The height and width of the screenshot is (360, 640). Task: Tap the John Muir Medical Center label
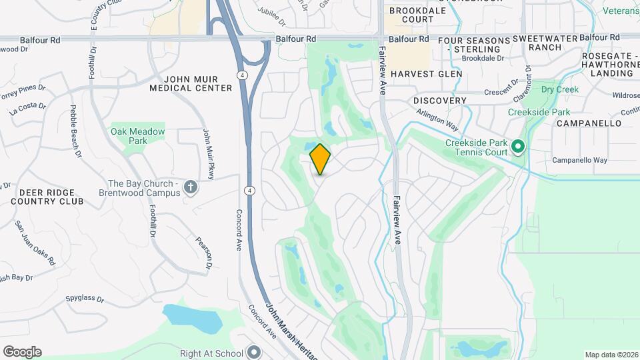(191, 83)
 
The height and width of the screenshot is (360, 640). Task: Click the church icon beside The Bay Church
(191, 187)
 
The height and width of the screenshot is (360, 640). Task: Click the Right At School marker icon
(254, 351)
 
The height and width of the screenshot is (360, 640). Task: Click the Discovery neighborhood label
(440, 101)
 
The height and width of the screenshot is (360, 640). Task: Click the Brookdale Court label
(412, 15)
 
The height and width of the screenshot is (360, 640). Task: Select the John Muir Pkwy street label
(207, 154)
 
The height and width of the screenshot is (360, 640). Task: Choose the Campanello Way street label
(580, 161)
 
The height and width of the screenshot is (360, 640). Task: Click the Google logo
(22, 351)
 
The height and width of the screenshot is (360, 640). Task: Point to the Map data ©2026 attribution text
(611, 355)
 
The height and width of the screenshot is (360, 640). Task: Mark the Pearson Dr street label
(204, 253)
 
